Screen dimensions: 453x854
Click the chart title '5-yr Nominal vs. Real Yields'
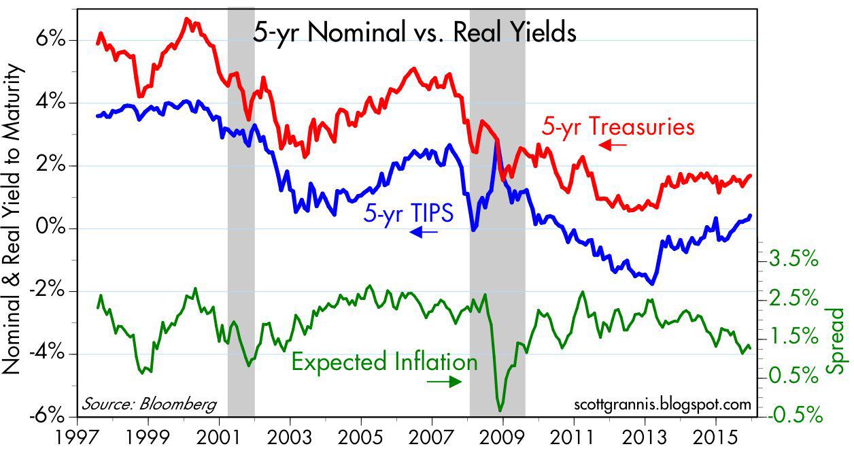point(414,33)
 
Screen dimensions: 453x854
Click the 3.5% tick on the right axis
point(793,258)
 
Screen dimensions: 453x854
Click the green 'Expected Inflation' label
point(384,362)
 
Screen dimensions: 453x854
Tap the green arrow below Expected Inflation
point(445,382)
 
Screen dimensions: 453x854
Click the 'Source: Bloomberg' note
point(148,403)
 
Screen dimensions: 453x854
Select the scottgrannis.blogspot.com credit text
point(659,404)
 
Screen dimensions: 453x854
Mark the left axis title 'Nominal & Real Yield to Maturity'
point(14,220)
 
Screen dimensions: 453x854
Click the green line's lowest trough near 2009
point(501,410)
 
